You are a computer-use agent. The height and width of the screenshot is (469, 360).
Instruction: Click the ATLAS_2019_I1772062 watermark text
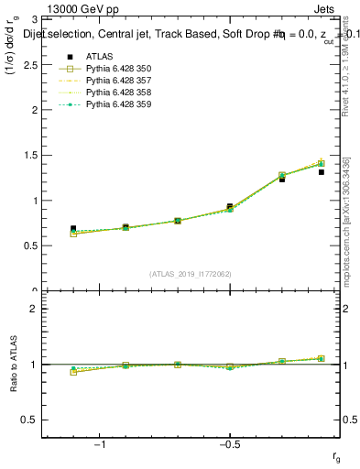pos(191,273)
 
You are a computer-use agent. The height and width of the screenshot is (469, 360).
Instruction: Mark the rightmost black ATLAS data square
pos(322,171)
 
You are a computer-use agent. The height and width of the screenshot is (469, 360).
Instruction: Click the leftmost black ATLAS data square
pos(73,229)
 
